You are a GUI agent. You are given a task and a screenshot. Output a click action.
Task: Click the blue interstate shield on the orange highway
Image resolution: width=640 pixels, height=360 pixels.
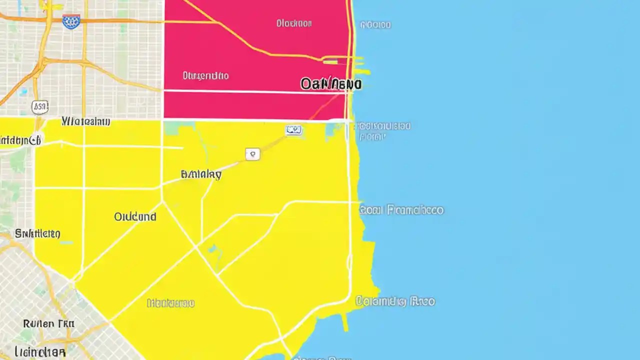pyautogui.click(x=71, y=21)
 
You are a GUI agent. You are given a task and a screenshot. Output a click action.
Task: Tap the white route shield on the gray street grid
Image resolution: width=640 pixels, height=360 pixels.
pyautogui.click(x=40, y=106)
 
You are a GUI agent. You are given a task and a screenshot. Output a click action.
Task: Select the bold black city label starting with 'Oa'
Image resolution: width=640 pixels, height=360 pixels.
pyautogui.click(x=330, y=84)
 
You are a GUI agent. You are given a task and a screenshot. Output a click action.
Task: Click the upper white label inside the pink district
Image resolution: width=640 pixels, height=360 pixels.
pyautogui.click(x=294, y=23)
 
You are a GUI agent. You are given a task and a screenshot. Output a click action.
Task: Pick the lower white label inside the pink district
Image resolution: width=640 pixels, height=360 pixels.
pyautogui.click(x=205, y=76)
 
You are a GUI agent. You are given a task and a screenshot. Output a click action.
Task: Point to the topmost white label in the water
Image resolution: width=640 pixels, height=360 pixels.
pyautogui.click(x=375, y=24)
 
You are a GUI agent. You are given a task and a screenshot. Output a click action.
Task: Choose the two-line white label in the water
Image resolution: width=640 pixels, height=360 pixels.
pyautogui.click(x=384, y=131)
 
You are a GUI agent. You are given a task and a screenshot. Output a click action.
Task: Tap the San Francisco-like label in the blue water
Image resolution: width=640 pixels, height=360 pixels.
pyautogui.click(x=401, y=210)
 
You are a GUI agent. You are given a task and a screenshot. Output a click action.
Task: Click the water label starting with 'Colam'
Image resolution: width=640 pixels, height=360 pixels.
pyautogui.click(x=395, y=301)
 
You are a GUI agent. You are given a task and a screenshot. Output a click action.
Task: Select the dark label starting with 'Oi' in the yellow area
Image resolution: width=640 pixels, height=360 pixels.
pyautogui.click(x=135, y=217)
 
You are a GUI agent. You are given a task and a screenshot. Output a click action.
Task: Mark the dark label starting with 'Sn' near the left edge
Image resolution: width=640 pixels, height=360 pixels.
pyautogui.click(x=37, y=233)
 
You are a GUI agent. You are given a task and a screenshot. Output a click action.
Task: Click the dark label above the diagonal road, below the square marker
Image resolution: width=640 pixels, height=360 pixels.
pyautogui.click(x=201, y=174)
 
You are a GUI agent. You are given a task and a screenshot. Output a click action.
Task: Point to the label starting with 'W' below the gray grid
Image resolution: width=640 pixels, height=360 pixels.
pyautogui.click(x=85, y=121)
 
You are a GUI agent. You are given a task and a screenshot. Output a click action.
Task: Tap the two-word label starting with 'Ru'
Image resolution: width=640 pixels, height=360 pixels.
pyautogui.click(x=48, y=324)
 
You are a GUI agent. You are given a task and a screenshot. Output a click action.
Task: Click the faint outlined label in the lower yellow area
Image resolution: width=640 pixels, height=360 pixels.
pyautogui.click(x=170, y=303)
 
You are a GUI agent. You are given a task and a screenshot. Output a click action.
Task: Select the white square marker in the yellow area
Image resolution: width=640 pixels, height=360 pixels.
pyautogui.click(x=253, y=154)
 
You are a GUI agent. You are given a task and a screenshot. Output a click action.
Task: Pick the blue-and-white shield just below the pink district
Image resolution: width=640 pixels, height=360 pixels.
pyautogui.click(x=294, y=130)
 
